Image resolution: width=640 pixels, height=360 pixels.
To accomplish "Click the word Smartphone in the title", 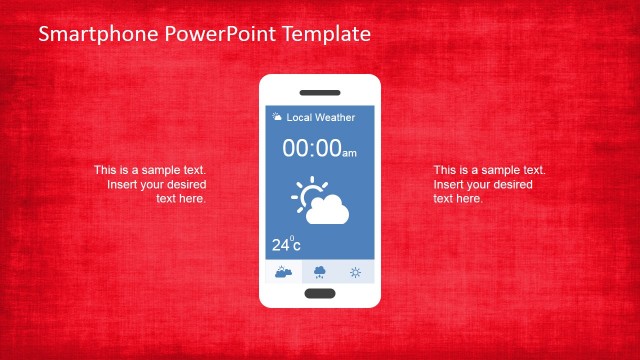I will point(85,34).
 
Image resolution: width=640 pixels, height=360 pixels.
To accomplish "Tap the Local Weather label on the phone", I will point(321,118).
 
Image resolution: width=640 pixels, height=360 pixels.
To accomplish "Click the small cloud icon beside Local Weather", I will point(277,118).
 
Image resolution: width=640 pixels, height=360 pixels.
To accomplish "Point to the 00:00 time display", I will point(311,149).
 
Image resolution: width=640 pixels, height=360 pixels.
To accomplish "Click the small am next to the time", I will point(349,153).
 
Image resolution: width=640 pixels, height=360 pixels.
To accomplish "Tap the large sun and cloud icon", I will point(321,201).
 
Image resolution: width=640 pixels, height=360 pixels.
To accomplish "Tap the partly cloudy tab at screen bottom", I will point(283,272).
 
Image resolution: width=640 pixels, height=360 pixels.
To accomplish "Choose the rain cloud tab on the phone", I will point(320,272).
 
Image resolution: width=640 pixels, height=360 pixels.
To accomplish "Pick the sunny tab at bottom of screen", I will point(355,272).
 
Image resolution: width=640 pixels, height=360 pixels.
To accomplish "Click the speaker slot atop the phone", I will point(320,91).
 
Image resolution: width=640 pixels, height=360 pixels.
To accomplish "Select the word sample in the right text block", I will point(490,171).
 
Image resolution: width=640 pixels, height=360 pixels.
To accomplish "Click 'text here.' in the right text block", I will point(458,199).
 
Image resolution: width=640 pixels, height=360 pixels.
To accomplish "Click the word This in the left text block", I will point(105,171).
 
